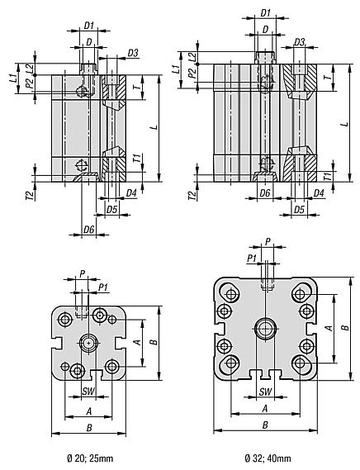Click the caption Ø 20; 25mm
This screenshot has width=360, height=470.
click(x=88, y=457)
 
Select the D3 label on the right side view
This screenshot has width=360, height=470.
click(x=300, y=42)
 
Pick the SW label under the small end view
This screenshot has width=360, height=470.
click(x=88, y=391)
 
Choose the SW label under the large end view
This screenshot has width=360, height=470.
click(x=266, y=391)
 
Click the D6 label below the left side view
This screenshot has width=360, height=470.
click(x=88, y=229)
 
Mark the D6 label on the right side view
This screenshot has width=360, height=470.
click(x=265, y=192)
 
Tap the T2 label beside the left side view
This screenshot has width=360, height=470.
click(x=29, y=195)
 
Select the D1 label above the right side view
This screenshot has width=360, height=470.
click(x=266, y=12)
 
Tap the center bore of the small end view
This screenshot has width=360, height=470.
click(x=88, y=342)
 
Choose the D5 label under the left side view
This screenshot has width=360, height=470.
click(x=111, y=210)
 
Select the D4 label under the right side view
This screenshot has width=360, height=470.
click(x=318, y=192)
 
